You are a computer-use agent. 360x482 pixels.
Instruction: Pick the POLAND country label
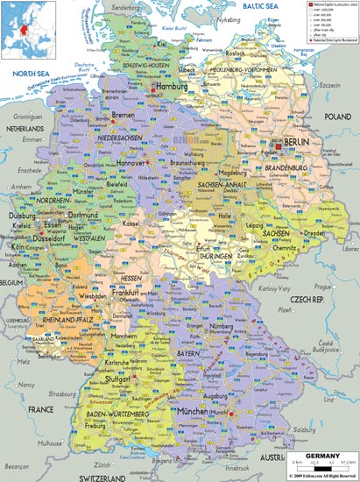337,116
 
